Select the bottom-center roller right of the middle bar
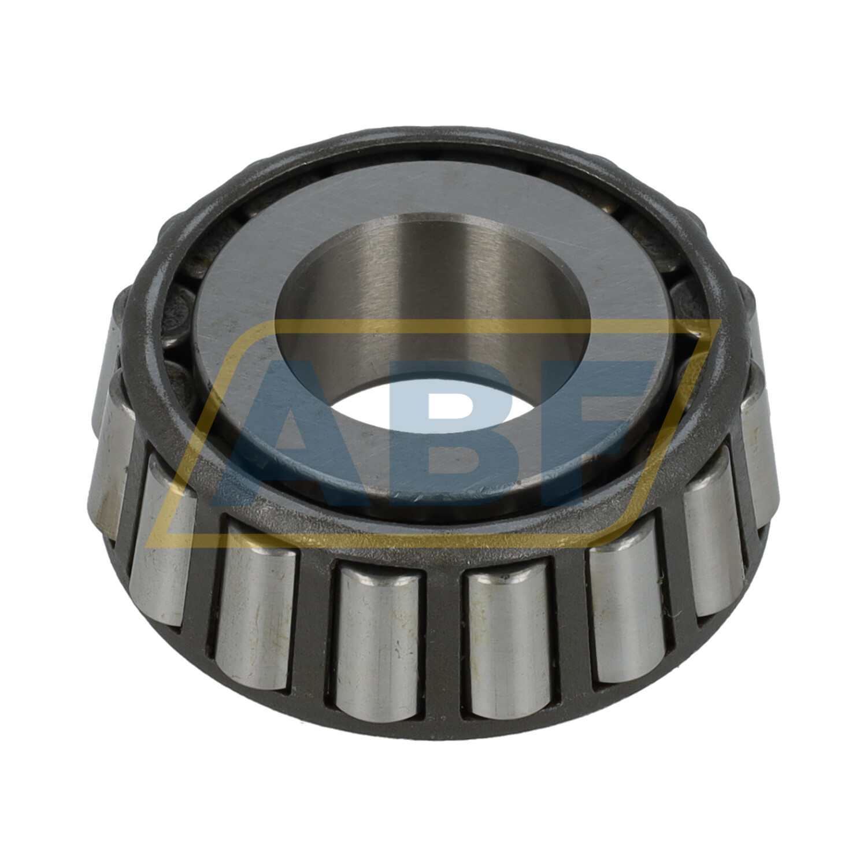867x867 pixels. tap(509, 642)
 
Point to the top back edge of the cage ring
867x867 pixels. tap(433, 134)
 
